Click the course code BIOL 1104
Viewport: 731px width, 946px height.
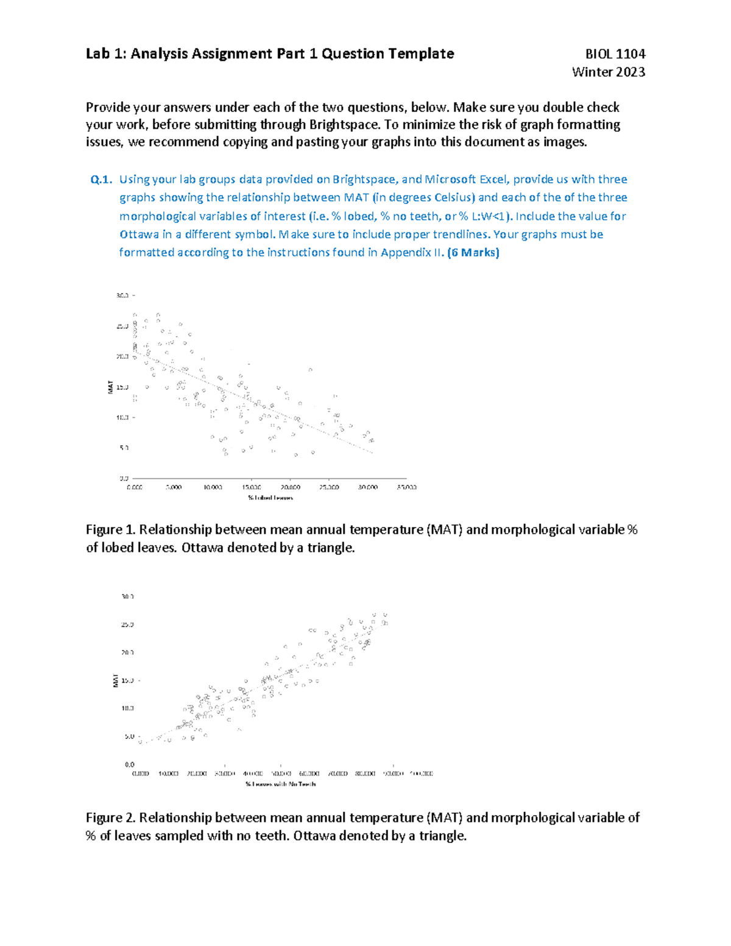coord(615,54)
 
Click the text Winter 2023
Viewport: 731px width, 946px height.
coord(608,72)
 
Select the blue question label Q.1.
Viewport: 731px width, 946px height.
coord(101,180)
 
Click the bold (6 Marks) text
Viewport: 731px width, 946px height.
coord(473,253)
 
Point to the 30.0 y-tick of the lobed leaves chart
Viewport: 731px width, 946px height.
coord(122,295)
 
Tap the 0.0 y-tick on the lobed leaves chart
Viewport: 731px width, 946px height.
coord(124,478)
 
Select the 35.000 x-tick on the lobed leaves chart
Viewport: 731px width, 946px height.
coord(406,487)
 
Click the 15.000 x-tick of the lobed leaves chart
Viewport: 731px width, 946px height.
coord(251,487)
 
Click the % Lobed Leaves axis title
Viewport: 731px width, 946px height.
coord(270,498)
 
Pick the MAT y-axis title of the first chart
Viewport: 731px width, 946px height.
coord(111,387)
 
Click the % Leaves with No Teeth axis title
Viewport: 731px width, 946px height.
coord(280,784)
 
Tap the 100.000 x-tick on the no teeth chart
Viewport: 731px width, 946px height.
coord(421,774)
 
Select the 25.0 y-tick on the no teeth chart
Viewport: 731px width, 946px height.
coord(127,624)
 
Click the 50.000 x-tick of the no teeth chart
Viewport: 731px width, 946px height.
coord(281,774)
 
